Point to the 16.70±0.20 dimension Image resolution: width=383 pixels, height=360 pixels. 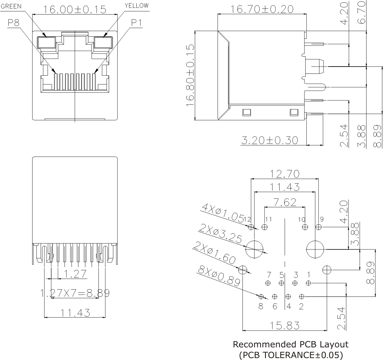click(x=262, y=8)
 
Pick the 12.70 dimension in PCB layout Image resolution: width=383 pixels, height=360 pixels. click(x=284, y=174)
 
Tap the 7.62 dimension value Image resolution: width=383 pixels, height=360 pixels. click(x=285, y=202)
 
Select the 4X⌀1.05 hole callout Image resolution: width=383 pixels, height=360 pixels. click(x=222, y=213)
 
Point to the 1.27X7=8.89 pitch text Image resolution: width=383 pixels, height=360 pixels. click(x=75, y=293)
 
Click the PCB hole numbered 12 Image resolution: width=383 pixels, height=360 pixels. click(x=251, y=227)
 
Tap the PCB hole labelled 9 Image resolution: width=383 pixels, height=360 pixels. click(x=318, y=227)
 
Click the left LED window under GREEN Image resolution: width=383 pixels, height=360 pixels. click(x=46, y=42)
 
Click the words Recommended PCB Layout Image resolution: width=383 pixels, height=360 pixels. click(x=291, y=344)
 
